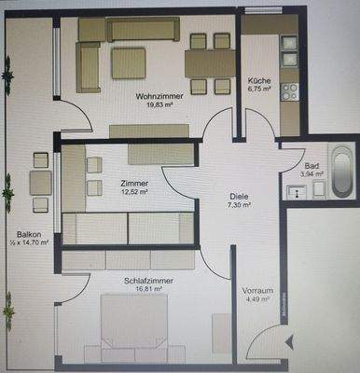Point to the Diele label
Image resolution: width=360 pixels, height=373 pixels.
(239, 197)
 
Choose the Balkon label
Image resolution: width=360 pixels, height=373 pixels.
(26, 234)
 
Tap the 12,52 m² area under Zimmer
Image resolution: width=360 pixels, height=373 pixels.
(136, 193)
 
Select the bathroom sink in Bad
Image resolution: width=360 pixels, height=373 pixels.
(298, 191)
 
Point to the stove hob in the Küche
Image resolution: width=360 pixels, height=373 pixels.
(289, 91)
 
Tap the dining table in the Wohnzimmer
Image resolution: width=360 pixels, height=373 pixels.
(210, 63)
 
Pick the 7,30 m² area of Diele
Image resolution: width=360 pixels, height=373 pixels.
(239, 206)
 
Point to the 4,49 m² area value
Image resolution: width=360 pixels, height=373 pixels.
(256, 299)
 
